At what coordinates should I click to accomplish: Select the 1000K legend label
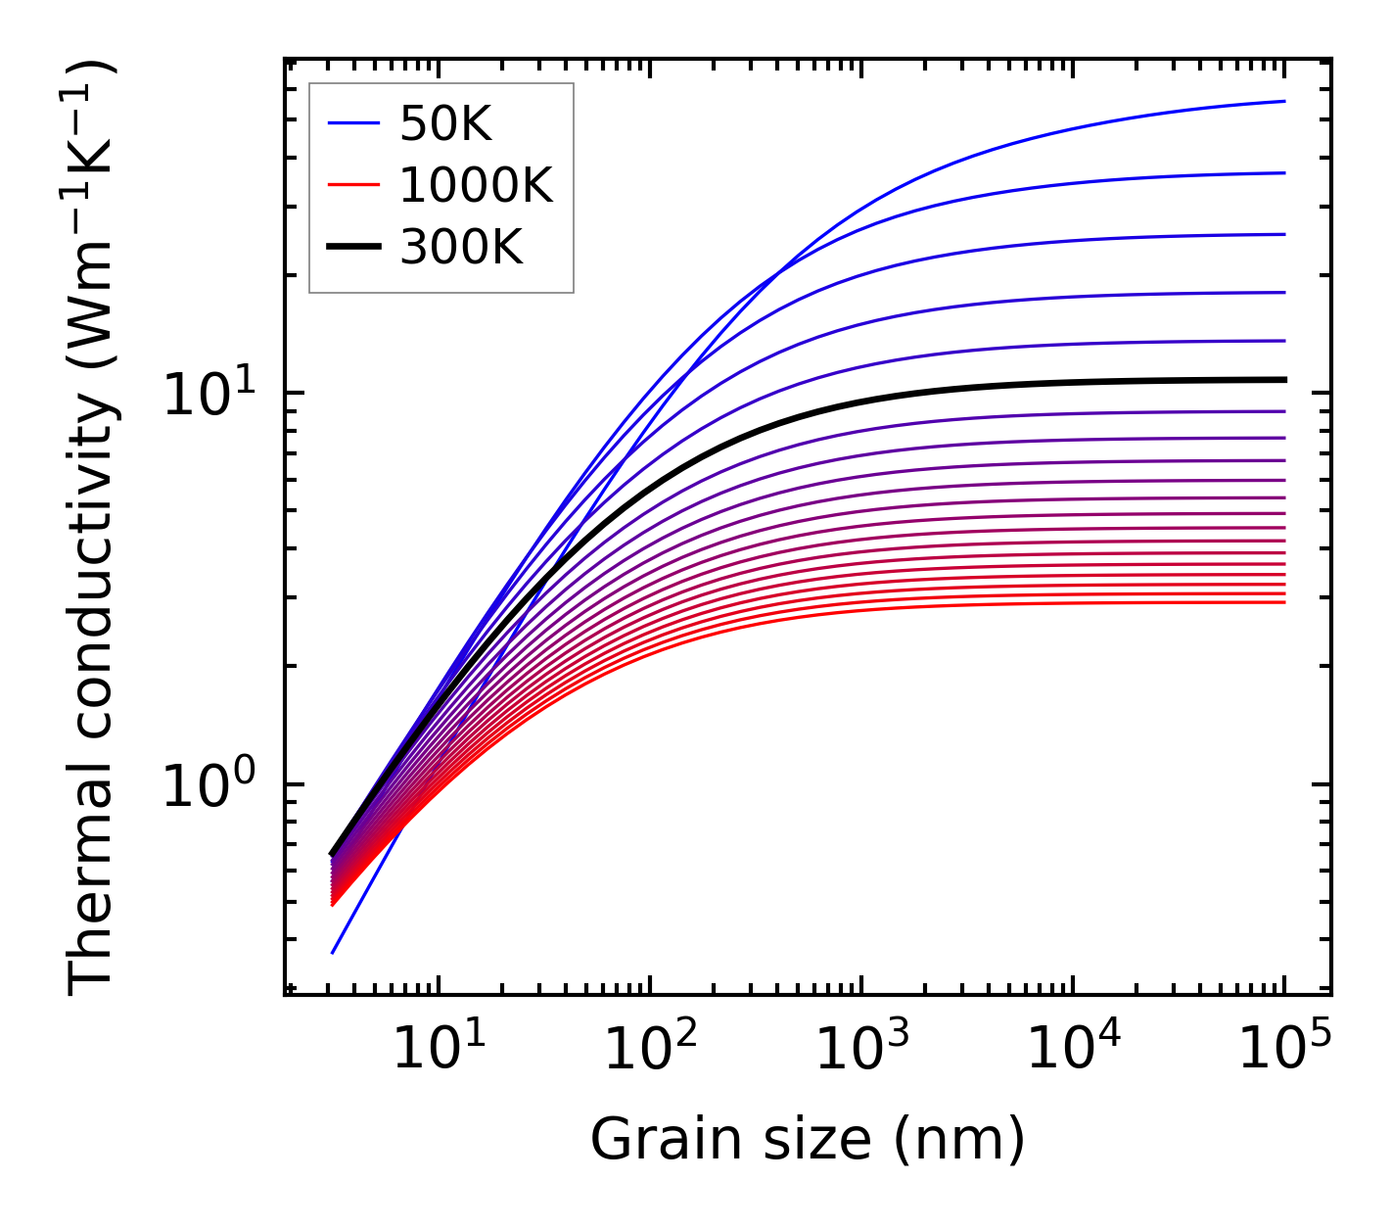(x=476, y=185)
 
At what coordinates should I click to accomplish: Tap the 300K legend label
(x=461, y=248)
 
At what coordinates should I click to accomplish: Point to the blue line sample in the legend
(x=352, y=123)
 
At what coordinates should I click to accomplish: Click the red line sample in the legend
(x=352, y=185)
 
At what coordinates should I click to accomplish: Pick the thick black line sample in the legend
(x=352, y=248)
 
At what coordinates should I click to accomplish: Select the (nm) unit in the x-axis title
(x=959, y=1140)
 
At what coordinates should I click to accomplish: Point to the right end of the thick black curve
(x=1284, y=379)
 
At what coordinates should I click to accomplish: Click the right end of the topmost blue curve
(x=1284, y=101)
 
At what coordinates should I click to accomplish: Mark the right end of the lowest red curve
(x=1284, y=602)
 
